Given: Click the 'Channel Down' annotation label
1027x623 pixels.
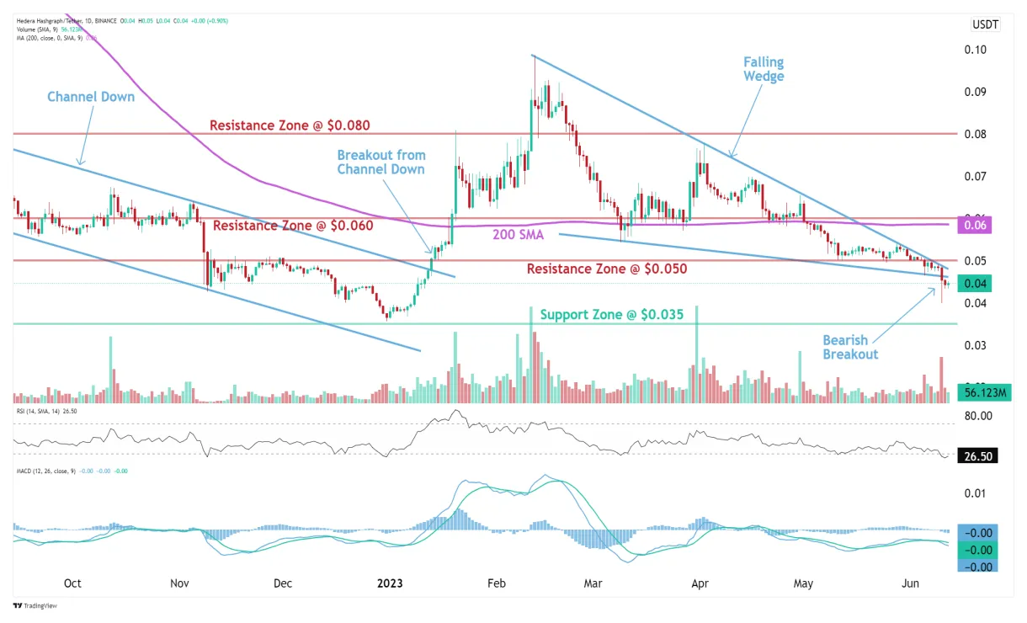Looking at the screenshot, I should (x=91, y=97).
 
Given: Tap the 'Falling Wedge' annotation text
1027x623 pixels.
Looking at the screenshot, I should (x=764, y=69).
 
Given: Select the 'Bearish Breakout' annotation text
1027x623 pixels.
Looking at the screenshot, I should (x=850, y=348).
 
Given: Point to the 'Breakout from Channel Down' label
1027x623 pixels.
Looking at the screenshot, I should (x=381, y=162).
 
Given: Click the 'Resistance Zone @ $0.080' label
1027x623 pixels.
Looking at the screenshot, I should (x=290, y=125).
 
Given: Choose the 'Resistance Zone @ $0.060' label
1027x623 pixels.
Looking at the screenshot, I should (x=293, y=226).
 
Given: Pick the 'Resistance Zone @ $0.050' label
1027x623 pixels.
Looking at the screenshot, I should (x=607, y=269).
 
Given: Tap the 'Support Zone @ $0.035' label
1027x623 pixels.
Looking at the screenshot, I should (x=611, y=314).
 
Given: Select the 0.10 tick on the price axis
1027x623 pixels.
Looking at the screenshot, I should (x=976, y=50).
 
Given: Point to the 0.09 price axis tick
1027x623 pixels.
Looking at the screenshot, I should (x=976, y=92).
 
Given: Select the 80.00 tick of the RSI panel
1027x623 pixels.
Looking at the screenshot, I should (x=980, y=416).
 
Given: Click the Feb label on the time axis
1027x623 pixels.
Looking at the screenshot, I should (x=496, y=583).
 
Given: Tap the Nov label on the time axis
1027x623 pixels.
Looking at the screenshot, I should (x=179, y=583).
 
